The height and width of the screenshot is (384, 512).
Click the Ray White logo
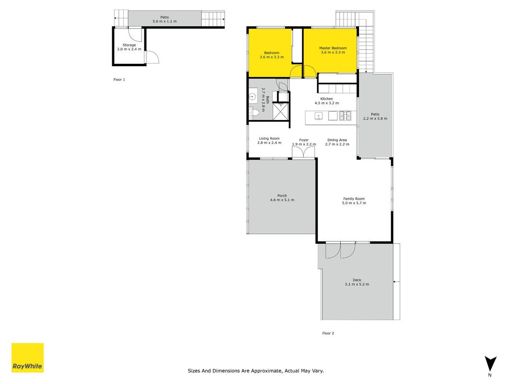point(27,358)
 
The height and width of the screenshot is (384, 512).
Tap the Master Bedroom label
point(333,48)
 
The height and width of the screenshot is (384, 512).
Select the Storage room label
point(129,45)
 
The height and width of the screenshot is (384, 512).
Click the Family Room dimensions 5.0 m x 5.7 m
point(354,203)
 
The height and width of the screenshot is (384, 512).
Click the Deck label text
point(357,280)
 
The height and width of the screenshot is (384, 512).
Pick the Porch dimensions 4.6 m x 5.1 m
point(282,200)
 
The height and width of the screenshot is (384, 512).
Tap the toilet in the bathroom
point(254,113)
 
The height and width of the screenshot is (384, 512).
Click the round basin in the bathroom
point(252,97)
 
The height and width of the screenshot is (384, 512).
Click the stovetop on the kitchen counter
point(345,116)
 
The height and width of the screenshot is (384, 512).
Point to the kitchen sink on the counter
point(318,116)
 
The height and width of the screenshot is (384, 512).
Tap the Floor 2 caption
point(328,333)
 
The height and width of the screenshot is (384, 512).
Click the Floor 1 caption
point(119,79)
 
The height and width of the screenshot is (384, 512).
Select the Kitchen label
point(326,98)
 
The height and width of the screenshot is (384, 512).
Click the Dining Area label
point(337,140)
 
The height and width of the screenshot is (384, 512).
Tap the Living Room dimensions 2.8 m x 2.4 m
point(269,143)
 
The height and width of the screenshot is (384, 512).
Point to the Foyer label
point(304,140)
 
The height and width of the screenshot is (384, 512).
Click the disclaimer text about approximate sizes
point(256,371)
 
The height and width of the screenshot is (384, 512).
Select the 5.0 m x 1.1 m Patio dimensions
point(165,21)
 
